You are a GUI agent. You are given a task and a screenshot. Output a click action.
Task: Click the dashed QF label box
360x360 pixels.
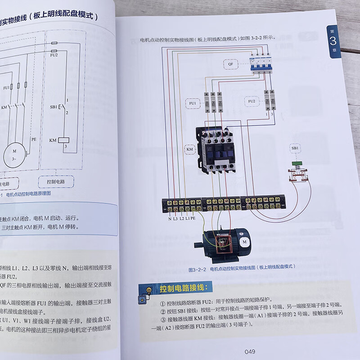click(230, 65)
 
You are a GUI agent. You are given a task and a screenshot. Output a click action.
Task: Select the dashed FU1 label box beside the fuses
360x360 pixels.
click(193, 103)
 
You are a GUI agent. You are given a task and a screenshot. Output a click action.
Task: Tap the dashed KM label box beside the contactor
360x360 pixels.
click(189, 148)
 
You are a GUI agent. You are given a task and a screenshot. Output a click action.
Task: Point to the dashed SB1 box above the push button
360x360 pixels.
click(295, 148)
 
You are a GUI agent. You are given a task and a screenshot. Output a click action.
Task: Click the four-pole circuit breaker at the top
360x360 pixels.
click(261, 64)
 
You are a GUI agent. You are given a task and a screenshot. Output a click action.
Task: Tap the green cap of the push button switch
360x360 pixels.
click(296, 163)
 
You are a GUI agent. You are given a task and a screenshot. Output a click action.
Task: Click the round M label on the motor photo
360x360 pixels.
click(245, 242)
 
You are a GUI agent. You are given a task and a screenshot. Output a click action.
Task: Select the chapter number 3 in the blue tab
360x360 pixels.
click(333, 43)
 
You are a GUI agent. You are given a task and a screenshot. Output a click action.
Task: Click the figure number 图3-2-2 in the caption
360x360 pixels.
click(197, 266)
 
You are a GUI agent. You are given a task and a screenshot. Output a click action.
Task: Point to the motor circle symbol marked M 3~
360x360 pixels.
click(15, 156)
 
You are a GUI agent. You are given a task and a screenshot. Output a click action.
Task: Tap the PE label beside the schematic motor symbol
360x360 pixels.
click(33, 139)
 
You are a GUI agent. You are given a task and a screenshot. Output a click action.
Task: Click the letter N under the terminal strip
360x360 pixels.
click(170, 219)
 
